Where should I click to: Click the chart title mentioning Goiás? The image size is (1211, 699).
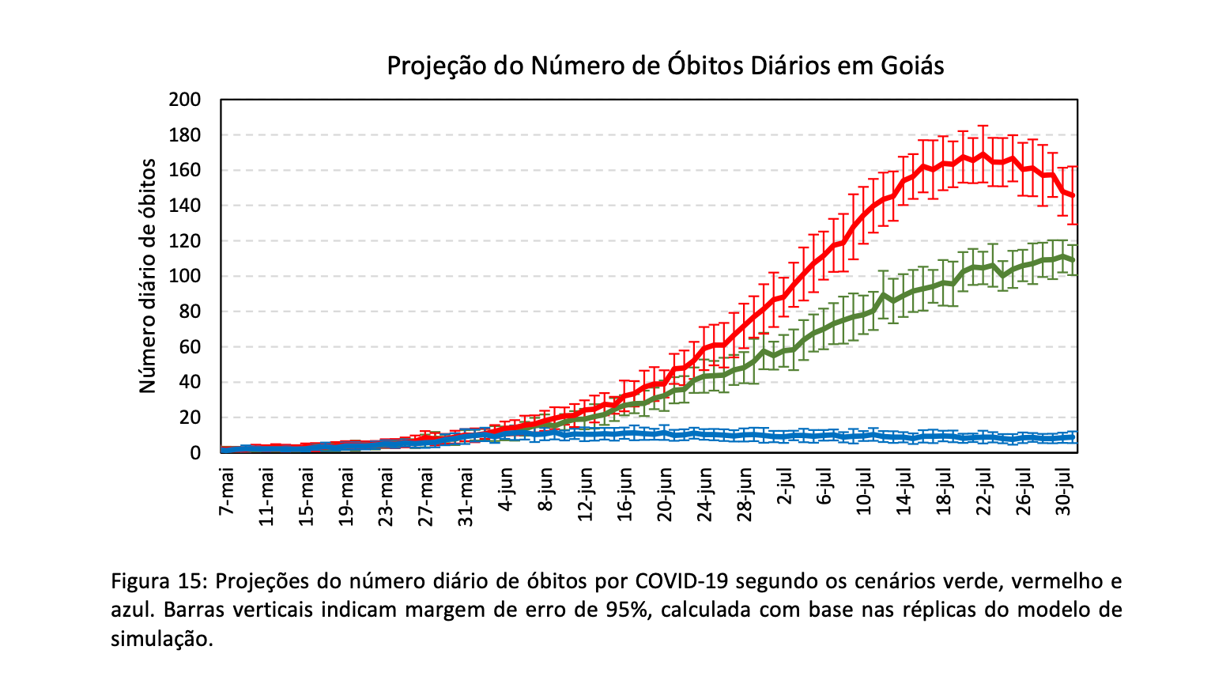[x=665, y=66]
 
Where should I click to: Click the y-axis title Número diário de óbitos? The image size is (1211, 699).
[x=148, y=275]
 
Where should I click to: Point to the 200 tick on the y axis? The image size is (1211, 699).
[x=184, y=100]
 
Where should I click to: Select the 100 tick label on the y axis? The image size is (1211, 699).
[x=184, y=276]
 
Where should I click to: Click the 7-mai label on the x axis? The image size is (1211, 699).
[x=228, y=492]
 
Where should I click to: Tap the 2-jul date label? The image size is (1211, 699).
[x=785, y=492]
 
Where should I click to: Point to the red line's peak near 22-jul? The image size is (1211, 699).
[x=982, y=154]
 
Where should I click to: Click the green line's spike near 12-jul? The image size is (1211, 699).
[x=883, y=295]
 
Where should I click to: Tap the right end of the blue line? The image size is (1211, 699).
[x=1073, y=437]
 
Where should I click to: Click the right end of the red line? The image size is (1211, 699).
[x=1073, y=195]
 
